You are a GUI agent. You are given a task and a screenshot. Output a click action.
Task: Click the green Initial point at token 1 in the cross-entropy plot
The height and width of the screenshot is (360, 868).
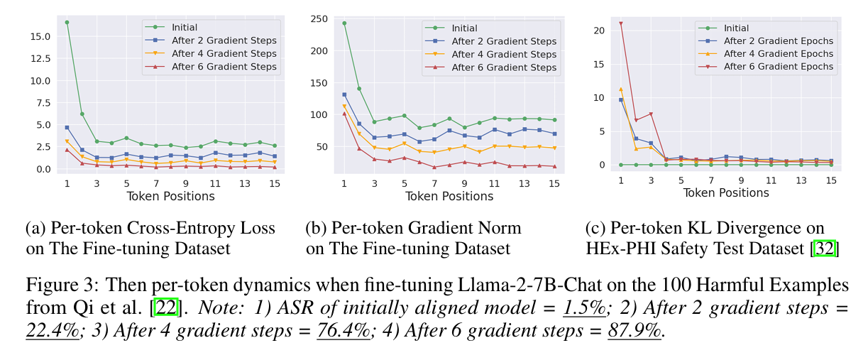point(67,22)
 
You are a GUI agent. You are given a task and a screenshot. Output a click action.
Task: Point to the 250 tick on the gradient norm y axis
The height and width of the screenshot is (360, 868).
point(318,18)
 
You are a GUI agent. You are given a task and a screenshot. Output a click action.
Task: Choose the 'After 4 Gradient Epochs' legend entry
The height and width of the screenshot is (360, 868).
point(779,54)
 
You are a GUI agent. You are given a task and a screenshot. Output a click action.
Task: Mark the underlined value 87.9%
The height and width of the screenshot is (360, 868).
point(634,329)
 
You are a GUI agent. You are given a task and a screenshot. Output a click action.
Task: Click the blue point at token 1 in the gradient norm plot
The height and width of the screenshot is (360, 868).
point(344,94)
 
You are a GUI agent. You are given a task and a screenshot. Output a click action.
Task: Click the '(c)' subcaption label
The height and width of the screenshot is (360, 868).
point(595,228)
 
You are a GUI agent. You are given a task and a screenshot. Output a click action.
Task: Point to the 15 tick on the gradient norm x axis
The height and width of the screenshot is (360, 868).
point(554,183)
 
